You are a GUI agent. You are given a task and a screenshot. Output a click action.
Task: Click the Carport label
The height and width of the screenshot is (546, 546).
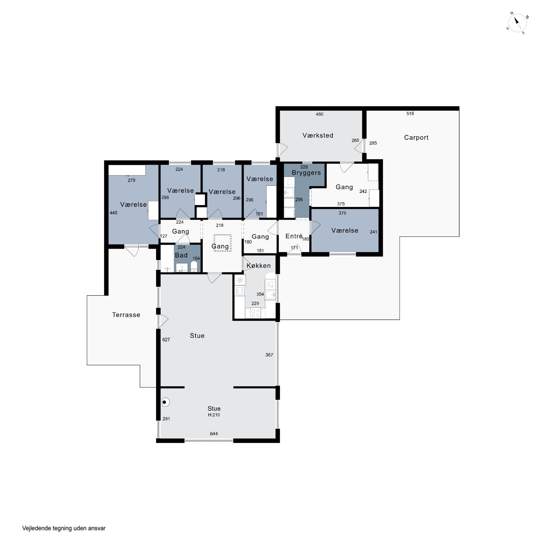(416, 138)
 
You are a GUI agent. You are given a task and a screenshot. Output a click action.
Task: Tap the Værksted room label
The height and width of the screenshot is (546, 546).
(318, 135)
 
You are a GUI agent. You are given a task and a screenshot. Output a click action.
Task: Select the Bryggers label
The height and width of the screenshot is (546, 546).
(306, 173)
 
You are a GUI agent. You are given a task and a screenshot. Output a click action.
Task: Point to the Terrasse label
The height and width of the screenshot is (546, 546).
(126, 315)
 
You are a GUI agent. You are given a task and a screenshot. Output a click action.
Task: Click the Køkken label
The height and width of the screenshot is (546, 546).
(259, 266)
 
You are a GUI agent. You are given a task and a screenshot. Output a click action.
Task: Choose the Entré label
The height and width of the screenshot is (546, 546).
(294, 236)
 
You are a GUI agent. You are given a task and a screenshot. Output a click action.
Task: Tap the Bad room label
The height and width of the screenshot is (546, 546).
(181, 255)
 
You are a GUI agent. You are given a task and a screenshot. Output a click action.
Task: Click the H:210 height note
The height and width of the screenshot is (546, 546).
(214, 415)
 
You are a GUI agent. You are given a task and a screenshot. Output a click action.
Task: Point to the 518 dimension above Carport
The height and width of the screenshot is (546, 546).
(410, 114)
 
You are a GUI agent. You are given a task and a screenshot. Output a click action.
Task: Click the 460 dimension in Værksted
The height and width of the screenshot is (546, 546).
(319, 114)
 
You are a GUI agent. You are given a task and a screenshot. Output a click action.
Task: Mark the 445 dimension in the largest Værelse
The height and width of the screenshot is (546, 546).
(113, 213)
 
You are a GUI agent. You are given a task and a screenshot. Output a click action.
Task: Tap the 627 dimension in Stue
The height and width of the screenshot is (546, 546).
(166, 340)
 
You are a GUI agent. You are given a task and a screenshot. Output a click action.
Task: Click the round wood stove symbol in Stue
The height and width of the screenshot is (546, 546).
(165, 402)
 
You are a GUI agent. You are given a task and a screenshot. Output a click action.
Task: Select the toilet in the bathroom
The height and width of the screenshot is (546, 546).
(194, 266)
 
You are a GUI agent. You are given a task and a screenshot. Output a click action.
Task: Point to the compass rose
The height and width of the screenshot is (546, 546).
(517, 23)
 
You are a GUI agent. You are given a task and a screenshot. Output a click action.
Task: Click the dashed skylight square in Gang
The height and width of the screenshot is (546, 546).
(223, 243)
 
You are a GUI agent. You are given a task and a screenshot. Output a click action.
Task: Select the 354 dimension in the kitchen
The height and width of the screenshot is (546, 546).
(260, 294)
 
